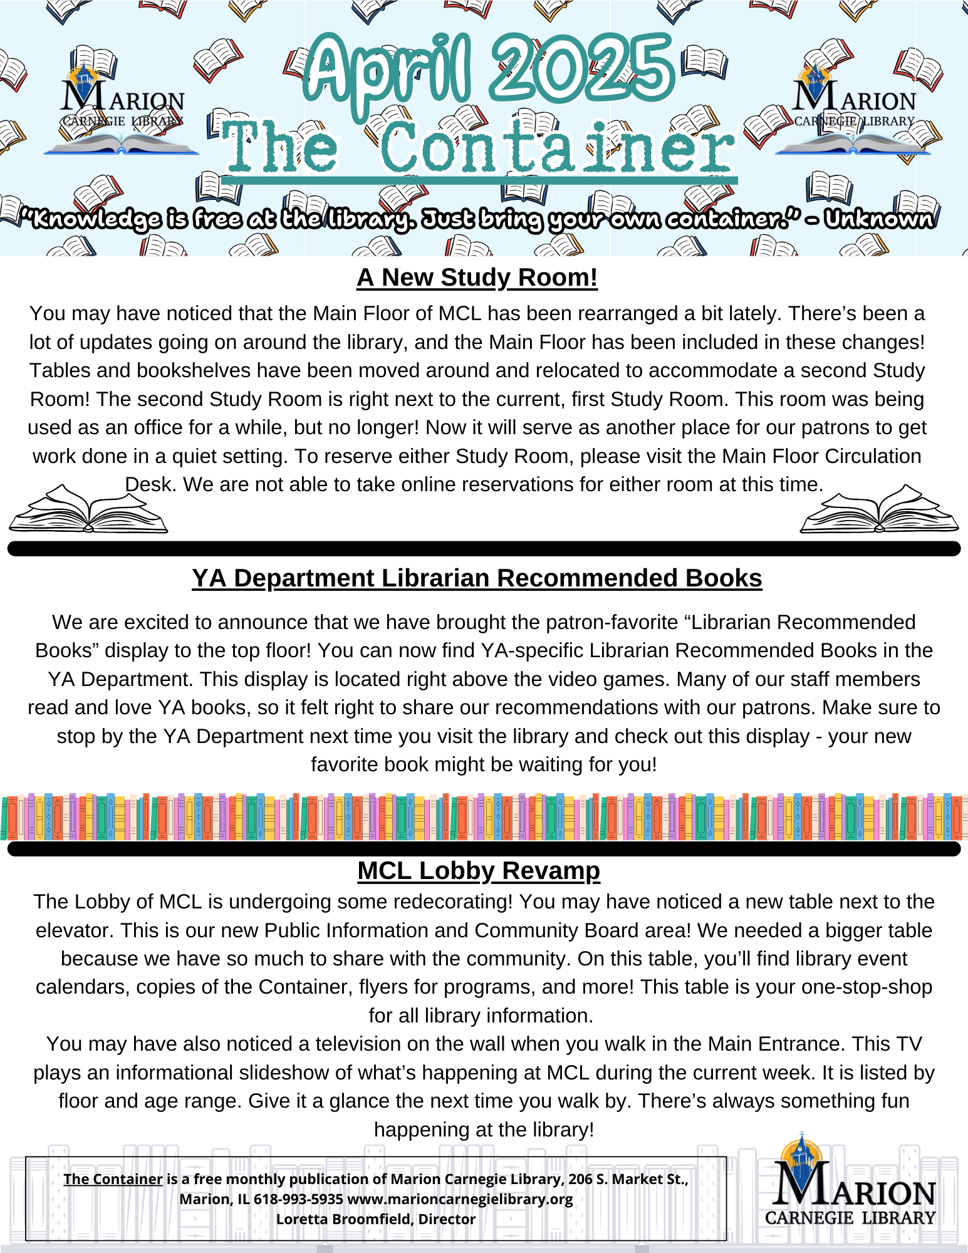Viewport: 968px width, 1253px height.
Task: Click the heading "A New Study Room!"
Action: point(477,278)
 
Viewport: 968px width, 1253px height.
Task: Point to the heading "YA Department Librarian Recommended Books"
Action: point(477,578)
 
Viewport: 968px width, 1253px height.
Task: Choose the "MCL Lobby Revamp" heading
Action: point(479,871)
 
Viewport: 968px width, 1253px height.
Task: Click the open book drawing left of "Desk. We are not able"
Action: point(88,509)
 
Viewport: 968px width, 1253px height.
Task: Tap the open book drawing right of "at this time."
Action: point(879,509)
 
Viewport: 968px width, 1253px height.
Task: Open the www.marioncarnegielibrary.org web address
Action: point(460,1199)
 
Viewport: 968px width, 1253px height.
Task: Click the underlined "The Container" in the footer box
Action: point(113,1179)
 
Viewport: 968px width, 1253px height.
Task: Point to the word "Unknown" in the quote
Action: point(878,219)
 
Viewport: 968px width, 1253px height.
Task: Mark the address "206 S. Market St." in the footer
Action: point(628,1179)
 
